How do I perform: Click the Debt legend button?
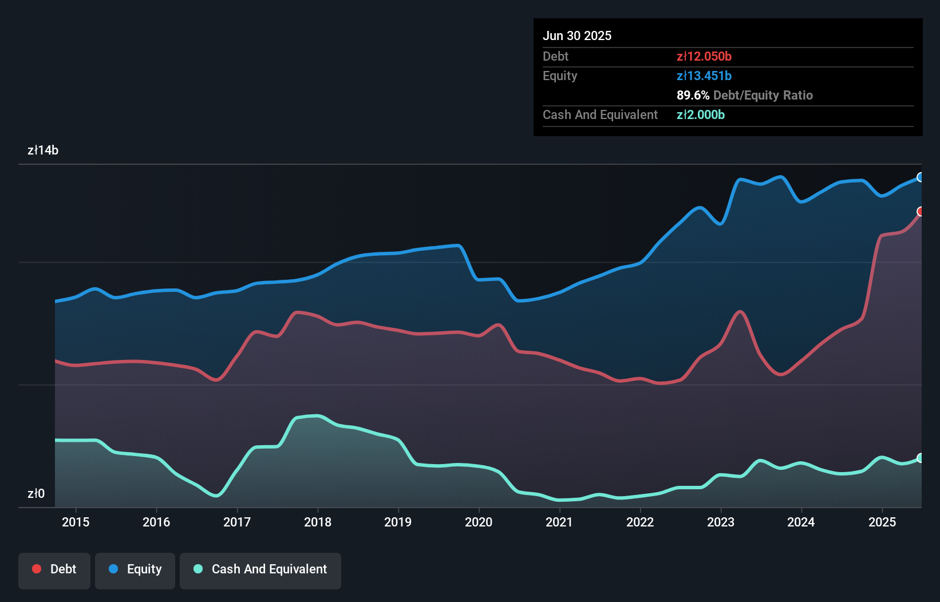point(54,569)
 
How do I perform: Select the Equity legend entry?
point(135,569)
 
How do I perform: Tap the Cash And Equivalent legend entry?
point(260,569)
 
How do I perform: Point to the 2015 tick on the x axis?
point(76,522)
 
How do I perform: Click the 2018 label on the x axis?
point(318,522)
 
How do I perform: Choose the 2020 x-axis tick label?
point(479,522)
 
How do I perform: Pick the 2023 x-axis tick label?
point(721,522)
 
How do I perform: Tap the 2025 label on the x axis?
point(882,522)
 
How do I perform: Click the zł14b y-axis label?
point(43,150)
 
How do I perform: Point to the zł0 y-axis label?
point(36,493)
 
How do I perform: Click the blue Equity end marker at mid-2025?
point(921,177)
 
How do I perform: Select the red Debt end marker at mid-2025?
point(921,212)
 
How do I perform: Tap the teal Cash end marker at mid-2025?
point(921,458)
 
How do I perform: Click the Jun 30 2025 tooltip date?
point(577,35)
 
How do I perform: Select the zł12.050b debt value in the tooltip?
point(704,56)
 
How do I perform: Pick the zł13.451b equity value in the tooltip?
point(704,76)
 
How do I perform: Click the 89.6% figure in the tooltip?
point(693,95)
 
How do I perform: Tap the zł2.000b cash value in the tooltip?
point(701,114)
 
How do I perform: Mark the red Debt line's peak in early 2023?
point(740,312)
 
